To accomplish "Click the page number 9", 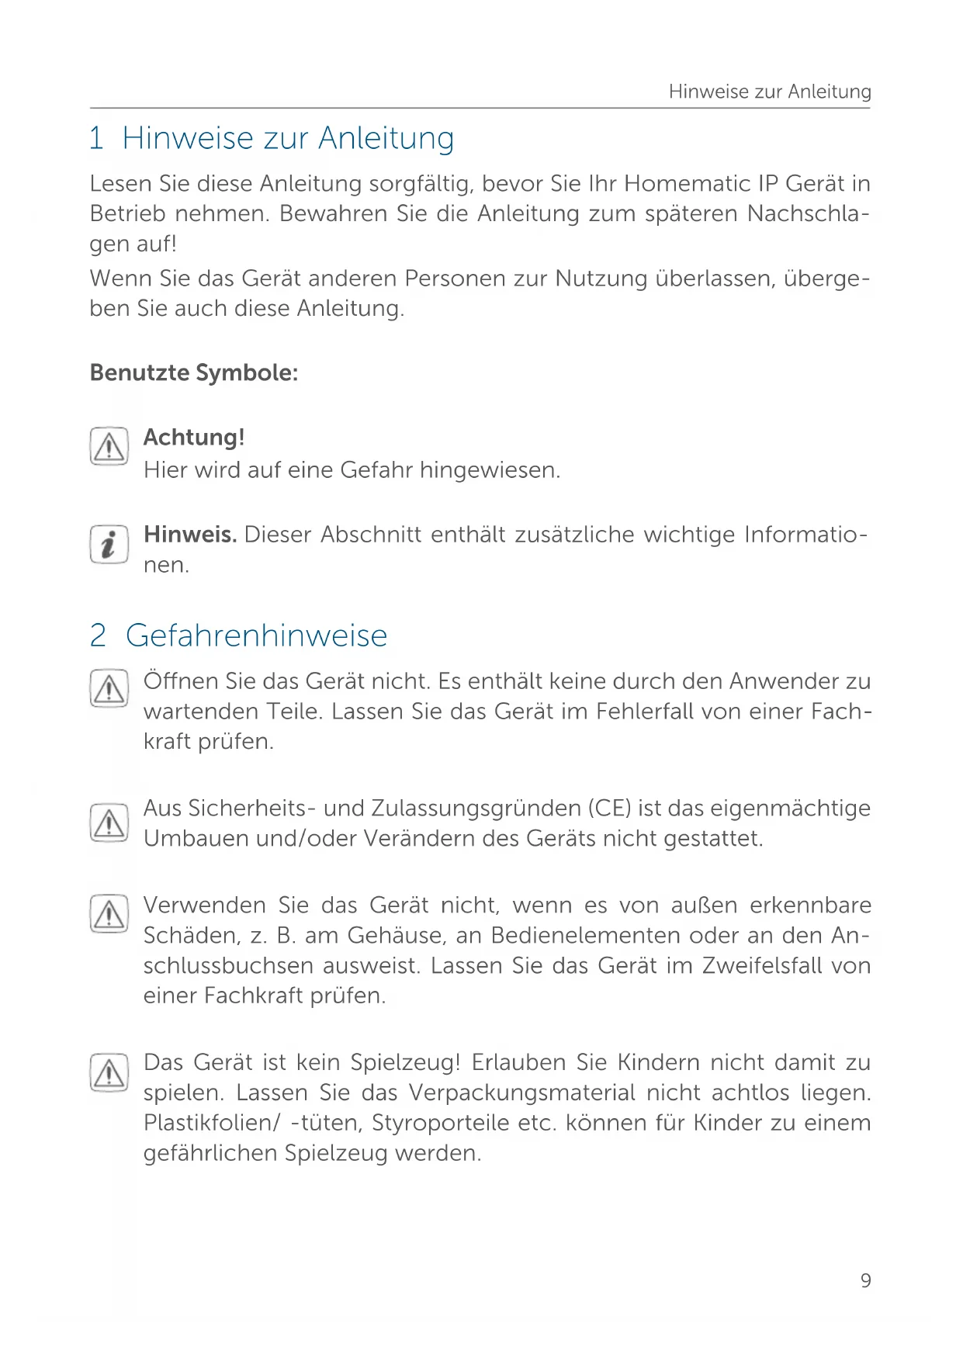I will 865,1280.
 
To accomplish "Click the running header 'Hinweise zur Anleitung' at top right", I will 769,92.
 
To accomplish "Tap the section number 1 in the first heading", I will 96,138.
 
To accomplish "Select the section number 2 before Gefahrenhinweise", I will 98,635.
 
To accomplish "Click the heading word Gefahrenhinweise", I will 256,635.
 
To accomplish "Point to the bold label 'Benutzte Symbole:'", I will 194,372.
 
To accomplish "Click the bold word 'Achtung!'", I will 194,438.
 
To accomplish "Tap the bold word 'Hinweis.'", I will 190,535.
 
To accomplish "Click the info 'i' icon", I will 109,544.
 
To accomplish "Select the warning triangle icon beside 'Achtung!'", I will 109,446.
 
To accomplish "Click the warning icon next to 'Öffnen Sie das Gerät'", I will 109,688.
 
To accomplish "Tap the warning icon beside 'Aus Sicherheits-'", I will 109,823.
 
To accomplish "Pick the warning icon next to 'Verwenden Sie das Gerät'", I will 109,913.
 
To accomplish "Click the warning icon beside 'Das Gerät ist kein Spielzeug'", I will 109,1072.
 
